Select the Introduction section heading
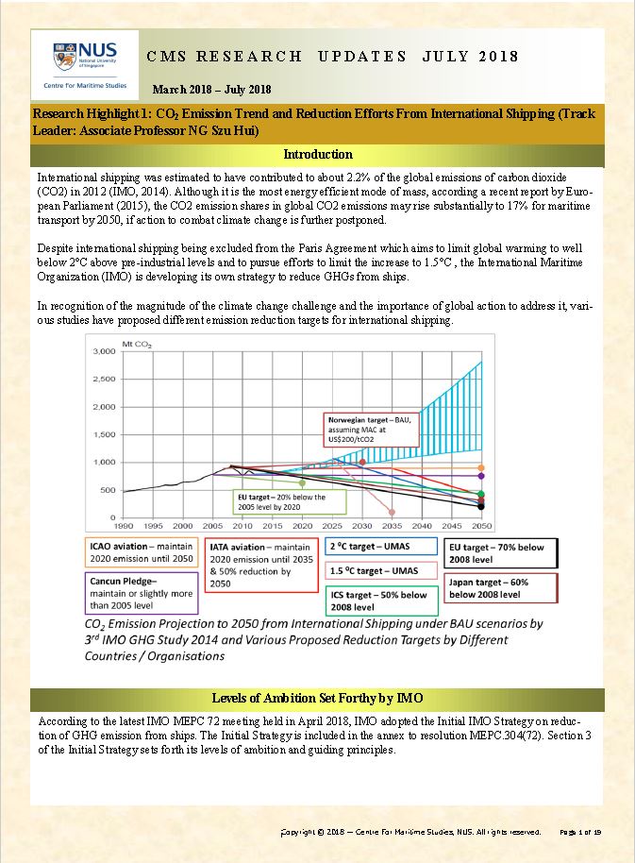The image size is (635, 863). tap(318, 154)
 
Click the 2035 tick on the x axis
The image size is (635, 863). tap(392, 525)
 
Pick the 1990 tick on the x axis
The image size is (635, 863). tap(124, 525)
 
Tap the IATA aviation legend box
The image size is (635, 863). tap(259, 565)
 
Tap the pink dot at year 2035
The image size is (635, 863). tap(392, 512)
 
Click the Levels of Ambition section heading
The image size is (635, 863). tap(317, 698)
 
